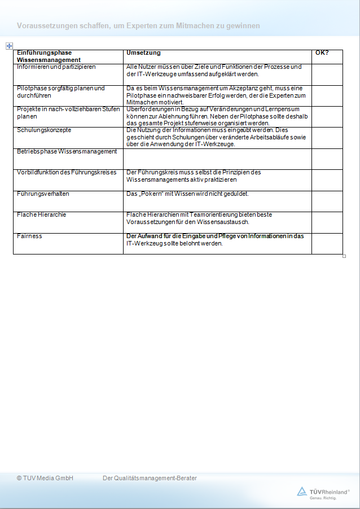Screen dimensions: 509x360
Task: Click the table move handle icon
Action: pos(9,46)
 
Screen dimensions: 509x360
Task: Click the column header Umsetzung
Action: pos(143,53)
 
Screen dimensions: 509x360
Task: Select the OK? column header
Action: pos(322,53)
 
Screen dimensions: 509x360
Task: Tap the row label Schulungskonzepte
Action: pos(44,130)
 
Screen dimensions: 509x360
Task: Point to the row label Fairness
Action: pos(29,236)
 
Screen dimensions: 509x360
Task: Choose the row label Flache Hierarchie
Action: pos(41,214)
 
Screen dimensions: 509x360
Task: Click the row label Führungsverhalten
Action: pos(43,194)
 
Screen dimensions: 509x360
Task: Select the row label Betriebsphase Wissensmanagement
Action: pos(67,151)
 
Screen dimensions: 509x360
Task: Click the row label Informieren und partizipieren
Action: pos(56,67)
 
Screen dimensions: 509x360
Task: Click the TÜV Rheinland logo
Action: pos(323,492)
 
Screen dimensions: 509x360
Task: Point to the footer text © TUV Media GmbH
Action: pos(45,478)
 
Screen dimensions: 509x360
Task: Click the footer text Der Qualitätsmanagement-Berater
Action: pos(150,478)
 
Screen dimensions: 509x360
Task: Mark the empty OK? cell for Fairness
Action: pos(327,243)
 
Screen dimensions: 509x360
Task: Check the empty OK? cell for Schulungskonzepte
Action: pos(327,137)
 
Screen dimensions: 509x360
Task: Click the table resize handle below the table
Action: pos(344,256)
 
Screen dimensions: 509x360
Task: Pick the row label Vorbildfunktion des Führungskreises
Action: pos(67,172)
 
